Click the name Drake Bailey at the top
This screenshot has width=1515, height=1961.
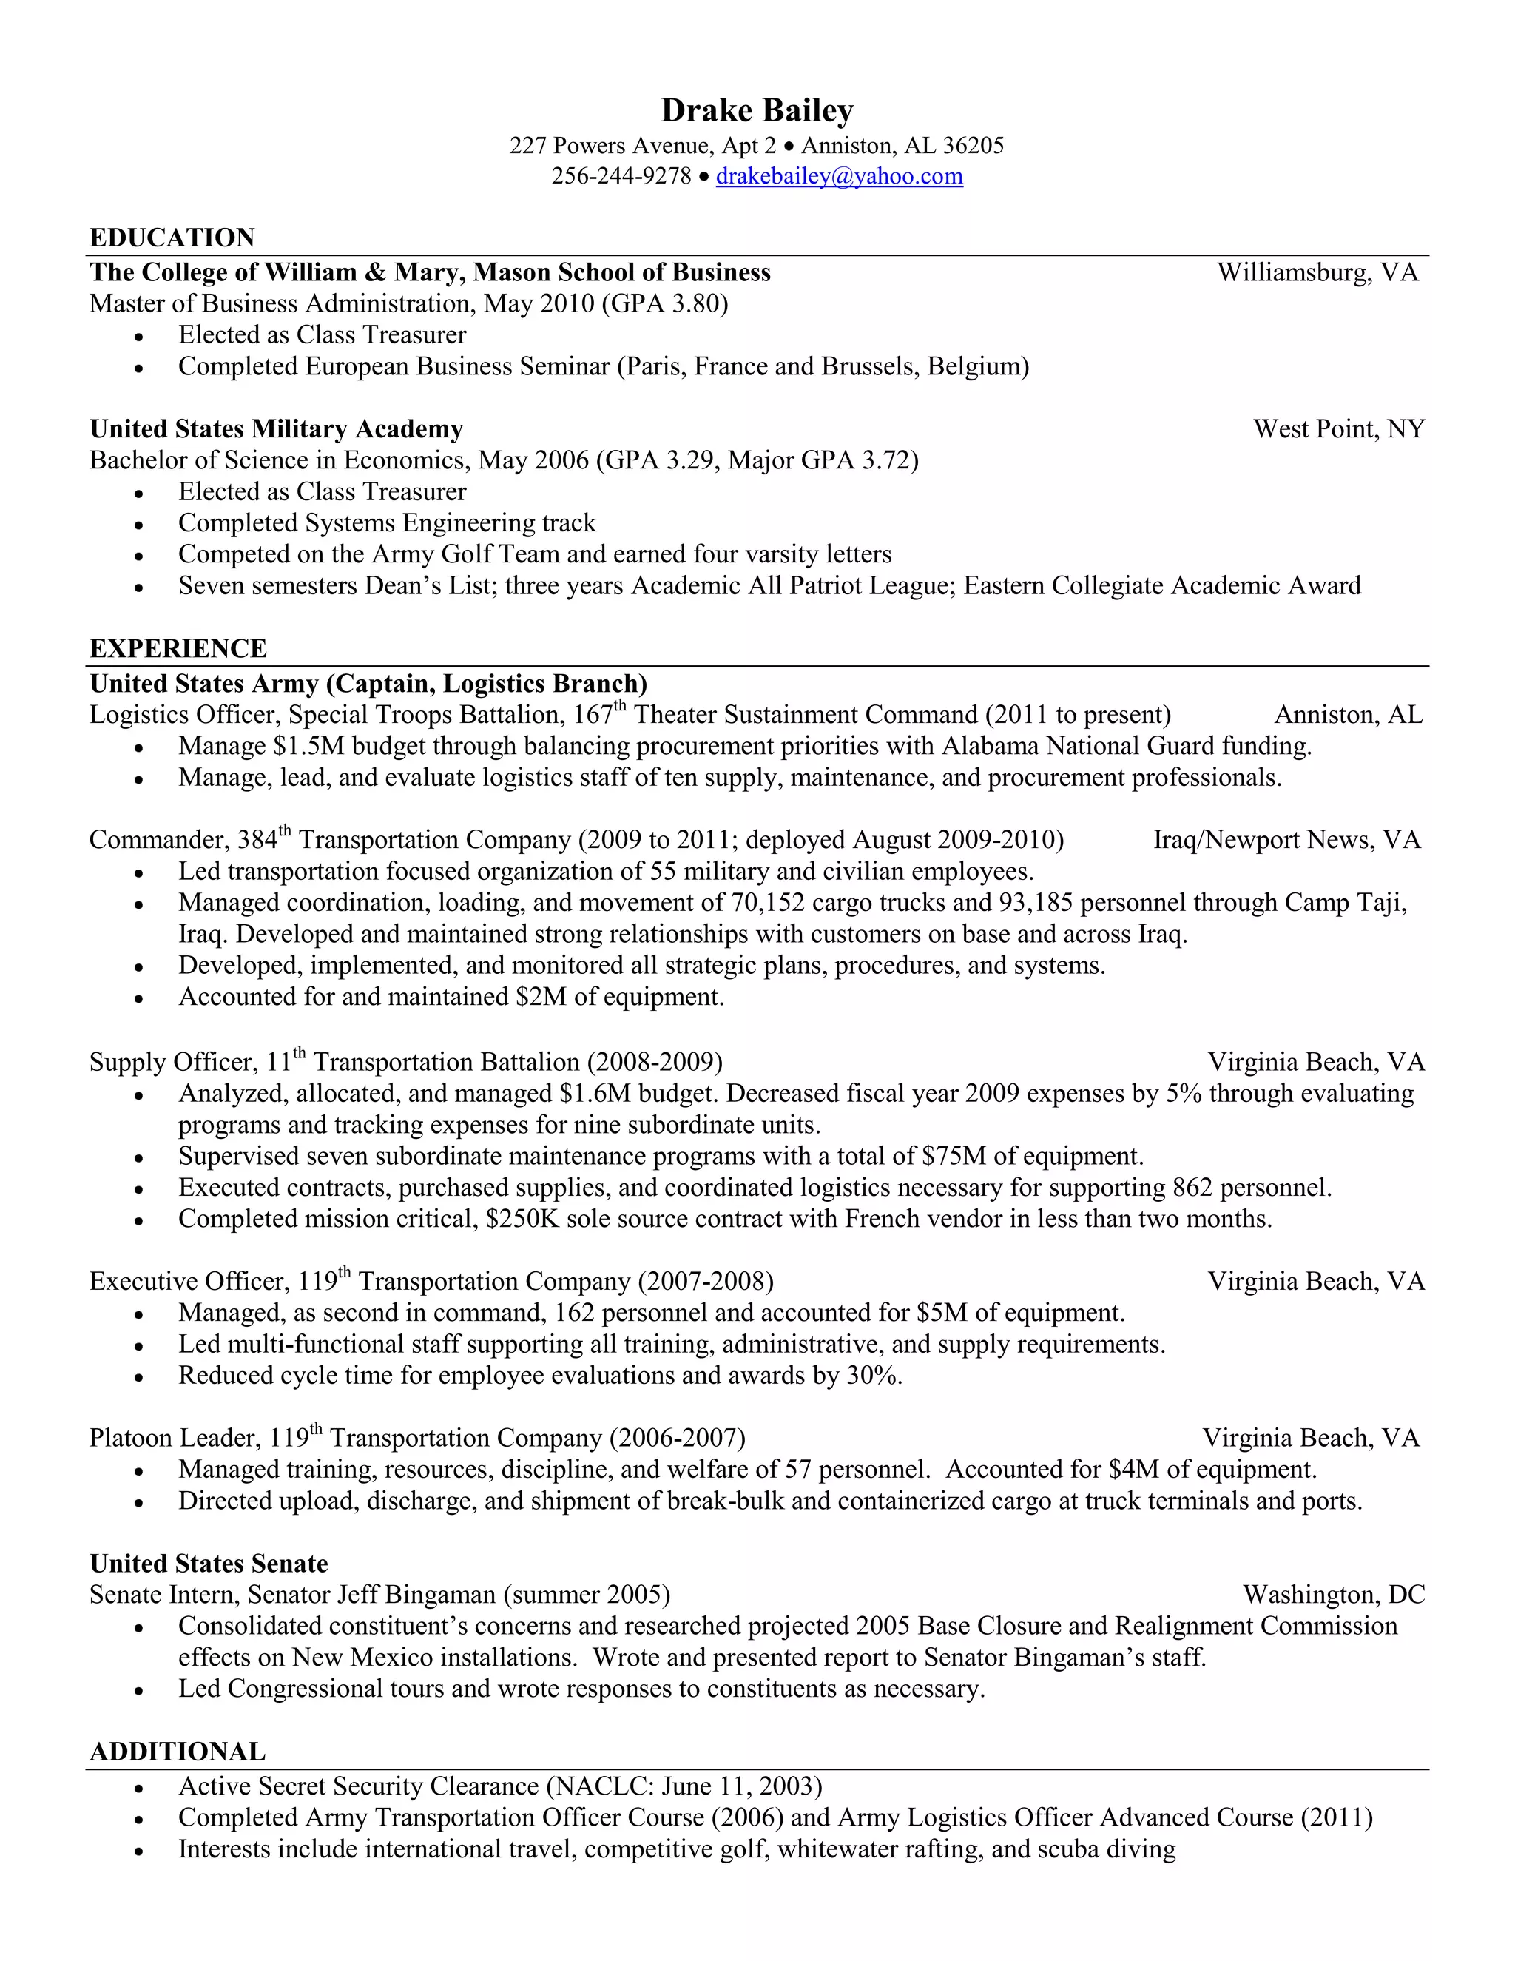[757, 110]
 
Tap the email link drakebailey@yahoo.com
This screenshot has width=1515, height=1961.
[839, 176]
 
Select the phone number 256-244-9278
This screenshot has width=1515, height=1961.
[621, 176]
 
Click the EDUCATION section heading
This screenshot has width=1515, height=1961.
[172, 238]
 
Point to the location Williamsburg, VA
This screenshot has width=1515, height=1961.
[1317, 273]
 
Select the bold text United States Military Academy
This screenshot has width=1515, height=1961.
[277, 429]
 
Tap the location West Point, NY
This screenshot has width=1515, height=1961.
[1338, 429]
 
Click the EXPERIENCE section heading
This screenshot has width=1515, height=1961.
[178, 648]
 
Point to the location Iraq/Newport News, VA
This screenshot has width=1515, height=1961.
[1286, 840]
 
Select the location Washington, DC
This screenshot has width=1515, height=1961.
[1334, 1595]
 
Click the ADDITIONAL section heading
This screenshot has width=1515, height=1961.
[178, 1752]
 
